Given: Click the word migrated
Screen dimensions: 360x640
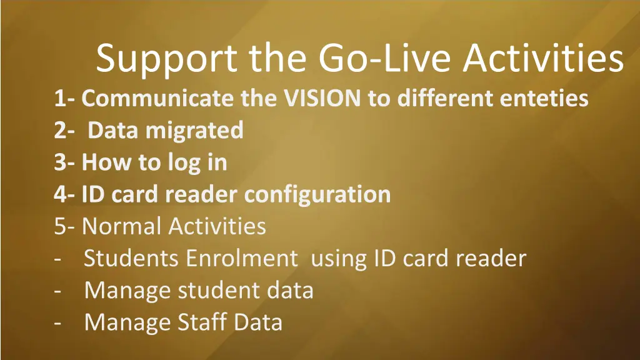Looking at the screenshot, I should [194, 131].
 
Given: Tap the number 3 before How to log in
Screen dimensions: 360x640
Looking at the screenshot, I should [60, 162].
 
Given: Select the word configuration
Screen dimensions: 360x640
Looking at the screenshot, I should [317, 194].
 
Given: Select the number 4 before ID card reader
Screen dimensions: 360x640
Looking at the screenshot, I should [61, 194].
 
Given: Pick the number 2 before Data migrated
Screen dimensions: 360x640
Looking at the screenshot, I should [60, 131].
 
